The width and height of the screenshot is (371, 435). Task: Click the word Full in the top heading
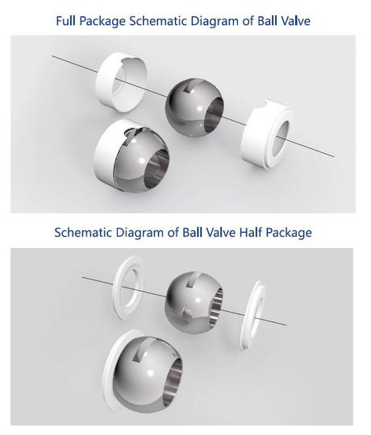65,21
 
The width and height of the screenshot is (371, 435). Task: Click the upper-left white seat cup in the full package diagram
121,82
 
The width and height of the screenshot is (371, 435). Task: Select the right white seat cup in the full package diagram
268,134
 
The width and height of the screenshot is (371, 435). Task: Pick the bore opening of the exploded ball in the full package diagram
214,114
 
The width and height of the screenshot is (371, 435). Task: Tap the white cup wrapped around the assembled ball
107,155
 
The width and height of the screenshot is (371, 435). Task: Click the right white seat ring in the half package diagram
253,315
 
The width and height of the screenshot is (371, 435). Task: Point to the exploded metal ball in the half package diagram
194,300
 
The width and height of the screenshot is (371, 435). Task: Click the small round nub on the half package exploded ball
187,313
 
